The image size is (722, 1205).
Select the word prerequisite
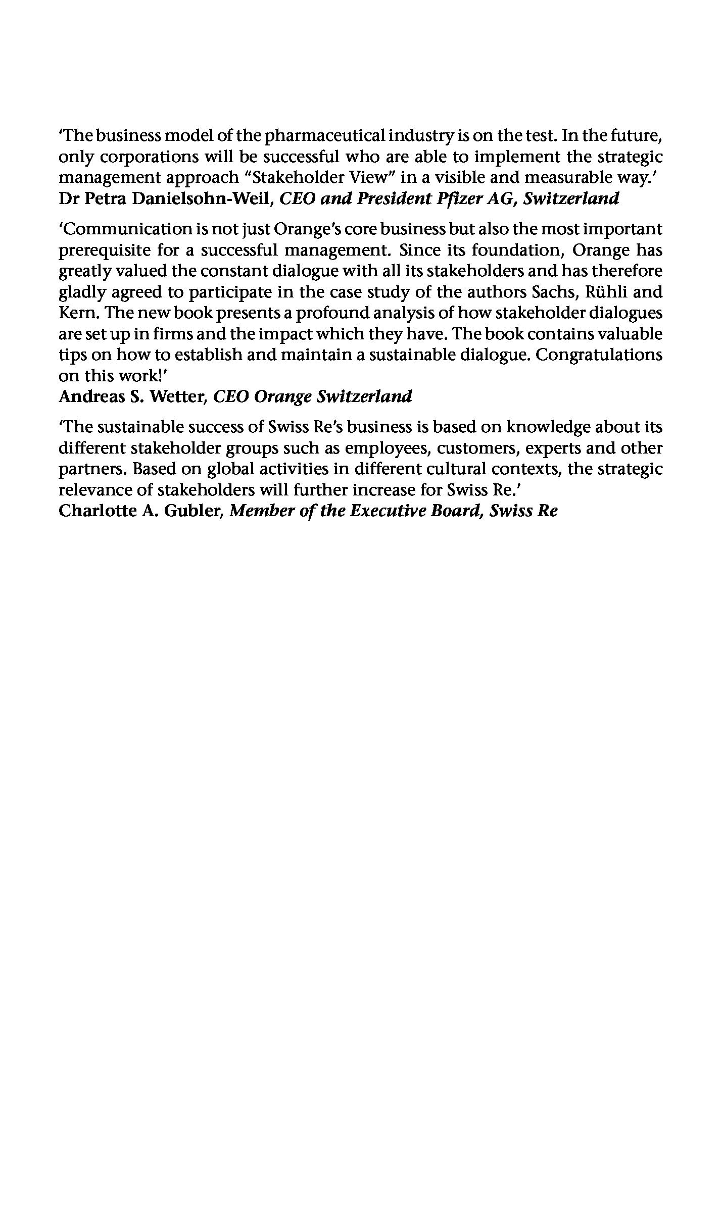click(x=104, y=250)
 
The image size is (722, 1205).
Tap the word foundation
click(x=512, y=250)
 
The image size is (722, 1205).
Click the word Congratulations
click(x=599, y=355)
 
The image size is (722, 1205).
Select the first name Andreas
click(x=89, y=396)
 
